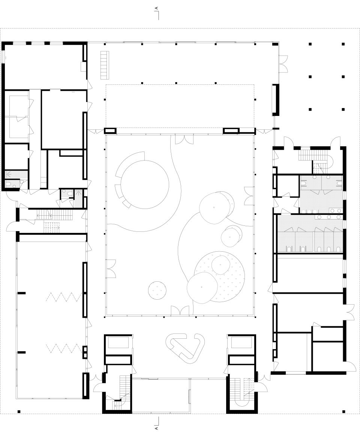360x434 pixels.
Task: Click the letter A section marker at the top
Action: click(x=157, y=8)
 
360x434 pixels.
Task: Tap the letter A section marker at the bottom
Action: click(x=157, y=428)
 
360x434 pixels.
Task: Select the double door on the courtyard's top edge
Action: click(x=182, y=139)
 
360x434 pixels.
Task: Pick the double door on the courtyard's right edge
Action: click(x=249, y=195)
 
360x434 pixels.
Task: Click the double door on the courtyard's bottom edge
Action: click(x=180, y=311)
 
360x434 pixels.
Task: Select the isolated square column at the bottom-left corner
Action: click(x=19, y=411)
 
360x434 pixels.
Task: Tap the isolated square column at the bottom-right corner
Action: click(x=343, y=411)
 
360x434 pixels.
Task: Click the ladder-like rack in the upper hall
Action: click(x=104, y=65)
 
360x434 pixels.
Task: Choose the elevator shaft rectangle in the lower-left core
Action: click(x=118, y=343)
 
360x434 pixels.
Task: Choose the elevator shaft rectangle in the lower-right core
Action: click(x=242, y=343)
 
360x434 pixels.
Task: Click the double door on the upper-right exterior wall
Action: click(x=283, y=64)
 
